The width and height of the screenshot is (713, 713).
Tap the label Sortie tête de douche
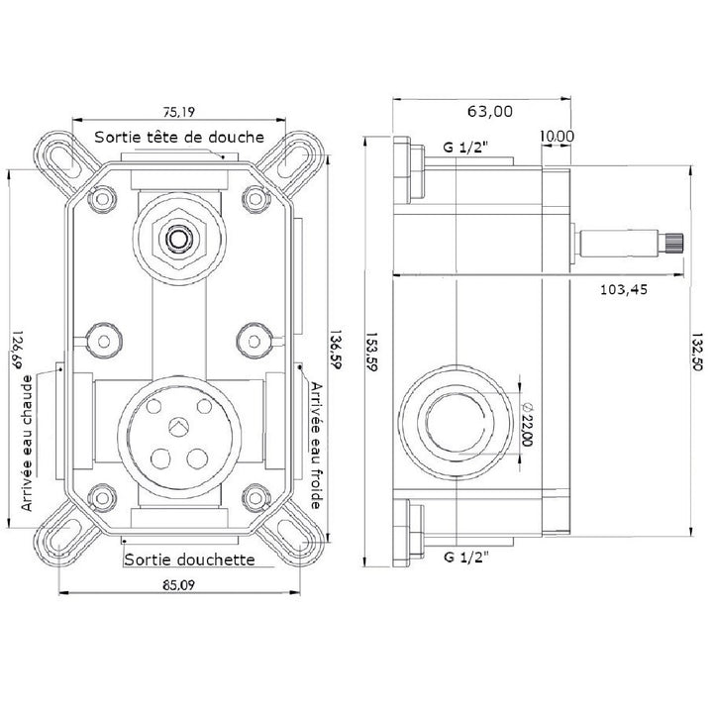pos(179,137)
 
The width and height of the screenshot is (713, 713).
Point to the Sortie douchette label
pos(189,560)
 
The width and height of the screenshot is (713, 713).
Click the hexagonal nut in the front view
pos(178,238)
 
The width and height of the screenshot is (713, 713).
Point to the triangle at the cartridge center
pos(178,426)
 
